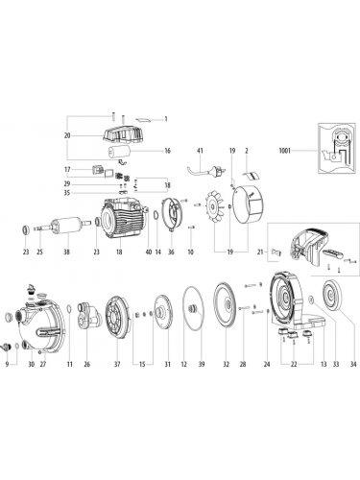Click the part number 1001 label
(285, 150)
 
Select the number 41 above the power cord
(201, 151)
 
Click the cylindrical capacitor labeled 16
(118, 152)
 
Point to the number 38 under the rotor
(66, 252)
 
